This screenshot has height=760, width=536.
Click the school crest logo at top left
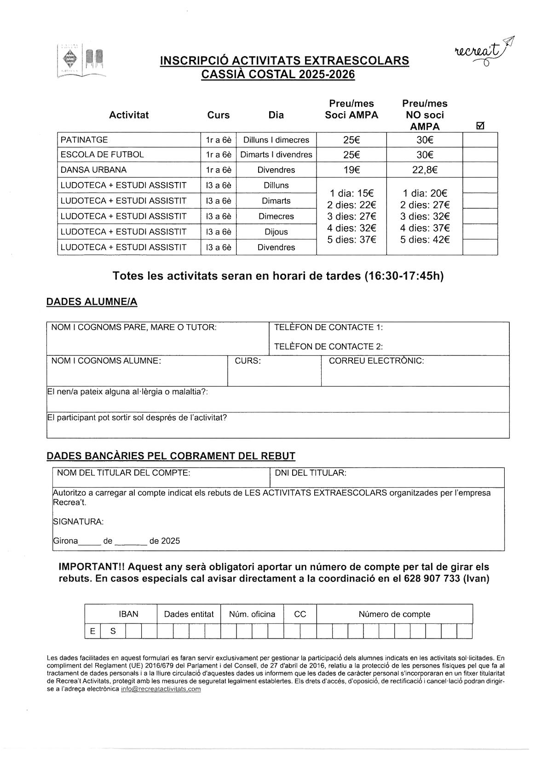coord(81,60)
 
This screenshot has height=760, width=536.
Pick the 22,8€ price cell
coord(424,170)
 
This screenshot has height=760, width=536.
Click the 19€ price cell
coord(351,170)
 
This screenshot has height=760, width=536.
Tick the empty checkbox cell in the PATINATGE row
coord(480,140)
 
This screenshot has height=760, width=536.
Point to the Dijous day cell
coord(276,232)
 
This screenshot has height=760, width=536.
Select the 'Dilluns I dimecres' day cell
coord(276,140)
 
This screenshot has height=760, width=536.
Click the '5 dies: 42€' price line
coord(424,240)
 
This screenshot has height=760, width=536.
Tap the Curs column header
coord(219,115)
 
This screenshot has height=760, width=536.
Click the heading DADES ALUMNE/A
coord(92,302)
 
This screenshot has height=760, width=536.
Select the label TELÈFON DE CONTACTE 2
coord(329,346)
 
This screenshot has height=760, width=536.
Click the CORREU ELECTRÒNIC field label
coord(376,360)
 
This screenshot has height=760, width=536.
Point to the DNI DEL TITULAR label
coord(311,473)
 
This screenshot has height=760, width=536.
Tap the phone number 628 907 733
coord(432,578)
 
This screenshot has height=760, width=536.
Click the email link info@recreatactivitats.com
coord(161,689)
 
